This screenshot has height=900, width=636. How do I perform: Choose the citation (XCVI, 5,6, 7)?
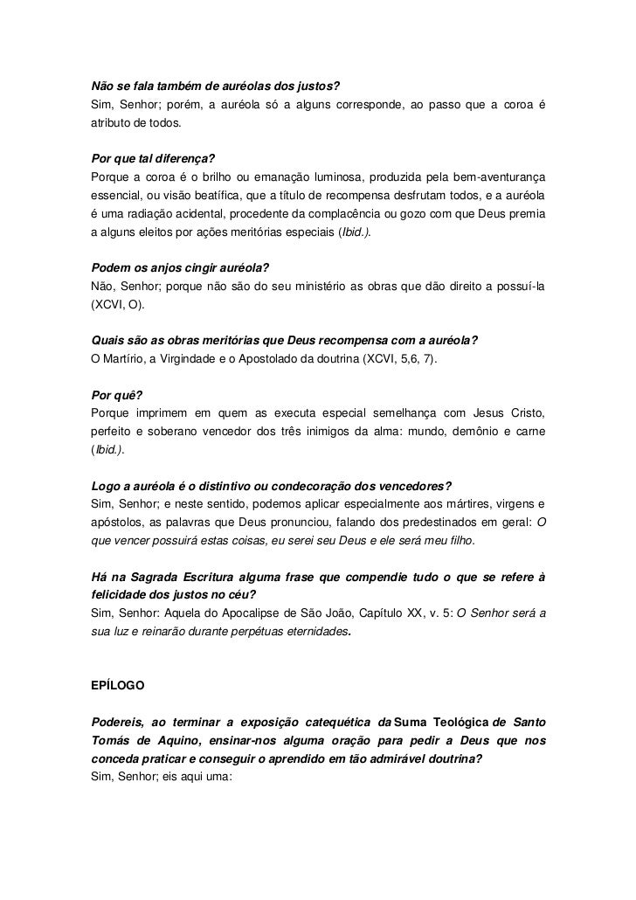pos(403,358)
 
